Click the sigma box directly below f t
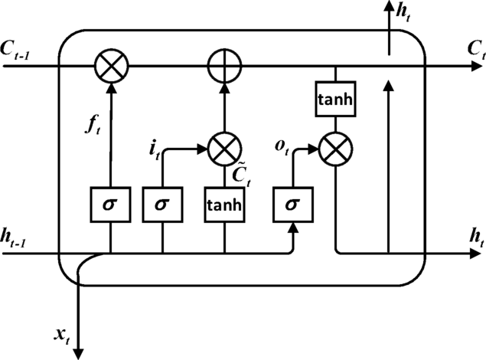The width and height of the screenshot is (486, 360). pos(112,205)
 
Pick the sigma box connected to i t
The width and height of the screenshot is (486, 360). pos(161,205)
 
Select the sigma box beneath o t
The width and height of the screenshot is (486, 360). pos(293,205)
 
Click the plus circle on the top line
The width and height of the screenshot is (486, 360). pos(224,67)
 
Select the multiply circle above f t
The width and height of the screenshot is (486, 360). pos(112,67)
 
